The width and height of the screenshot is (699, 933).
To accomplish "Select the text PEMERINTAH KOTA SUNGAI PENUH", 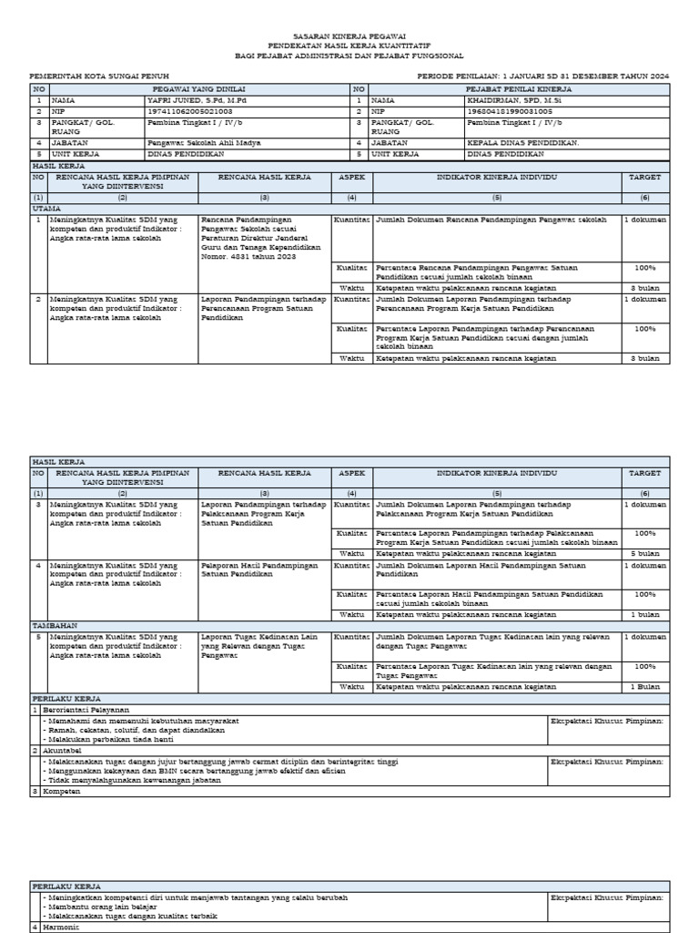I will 100,77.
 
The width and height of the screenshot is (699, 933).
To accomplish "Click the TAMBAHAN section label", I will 53,626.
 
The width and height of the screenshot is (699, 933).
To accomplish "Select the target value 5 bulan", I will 645,553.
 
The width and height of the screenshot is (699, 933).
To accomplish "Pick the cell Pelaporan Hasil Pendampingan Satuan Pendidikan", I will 259,569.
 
